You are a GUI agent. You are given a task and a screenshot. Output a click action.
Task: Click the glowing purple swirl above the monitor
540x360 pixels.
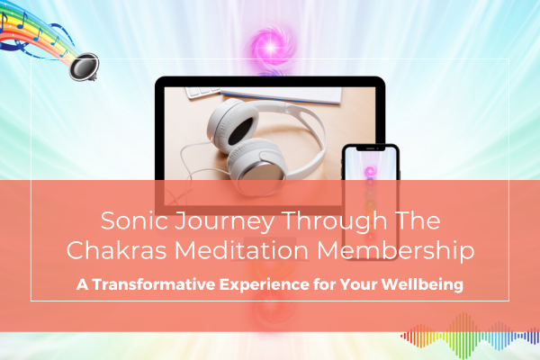[270, 45]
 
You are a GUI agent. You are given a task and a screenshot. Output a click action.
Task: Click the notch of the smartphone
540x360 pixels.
[370, 148]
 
